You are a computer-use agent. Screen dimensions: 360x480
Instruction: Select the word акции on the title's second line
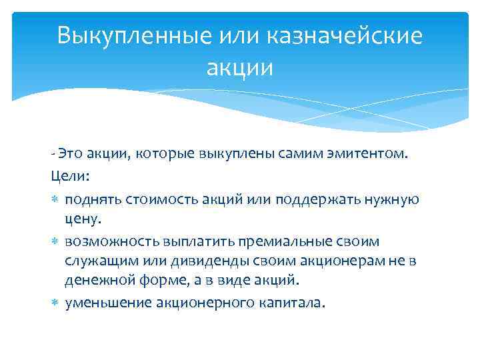click(x=240, y=67)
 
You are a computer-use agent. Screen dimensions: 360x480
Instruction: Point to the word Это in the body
click(x=69, y=155)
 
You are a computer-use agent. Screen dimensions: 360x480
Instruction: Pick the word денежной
click(x=96, y=279)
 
